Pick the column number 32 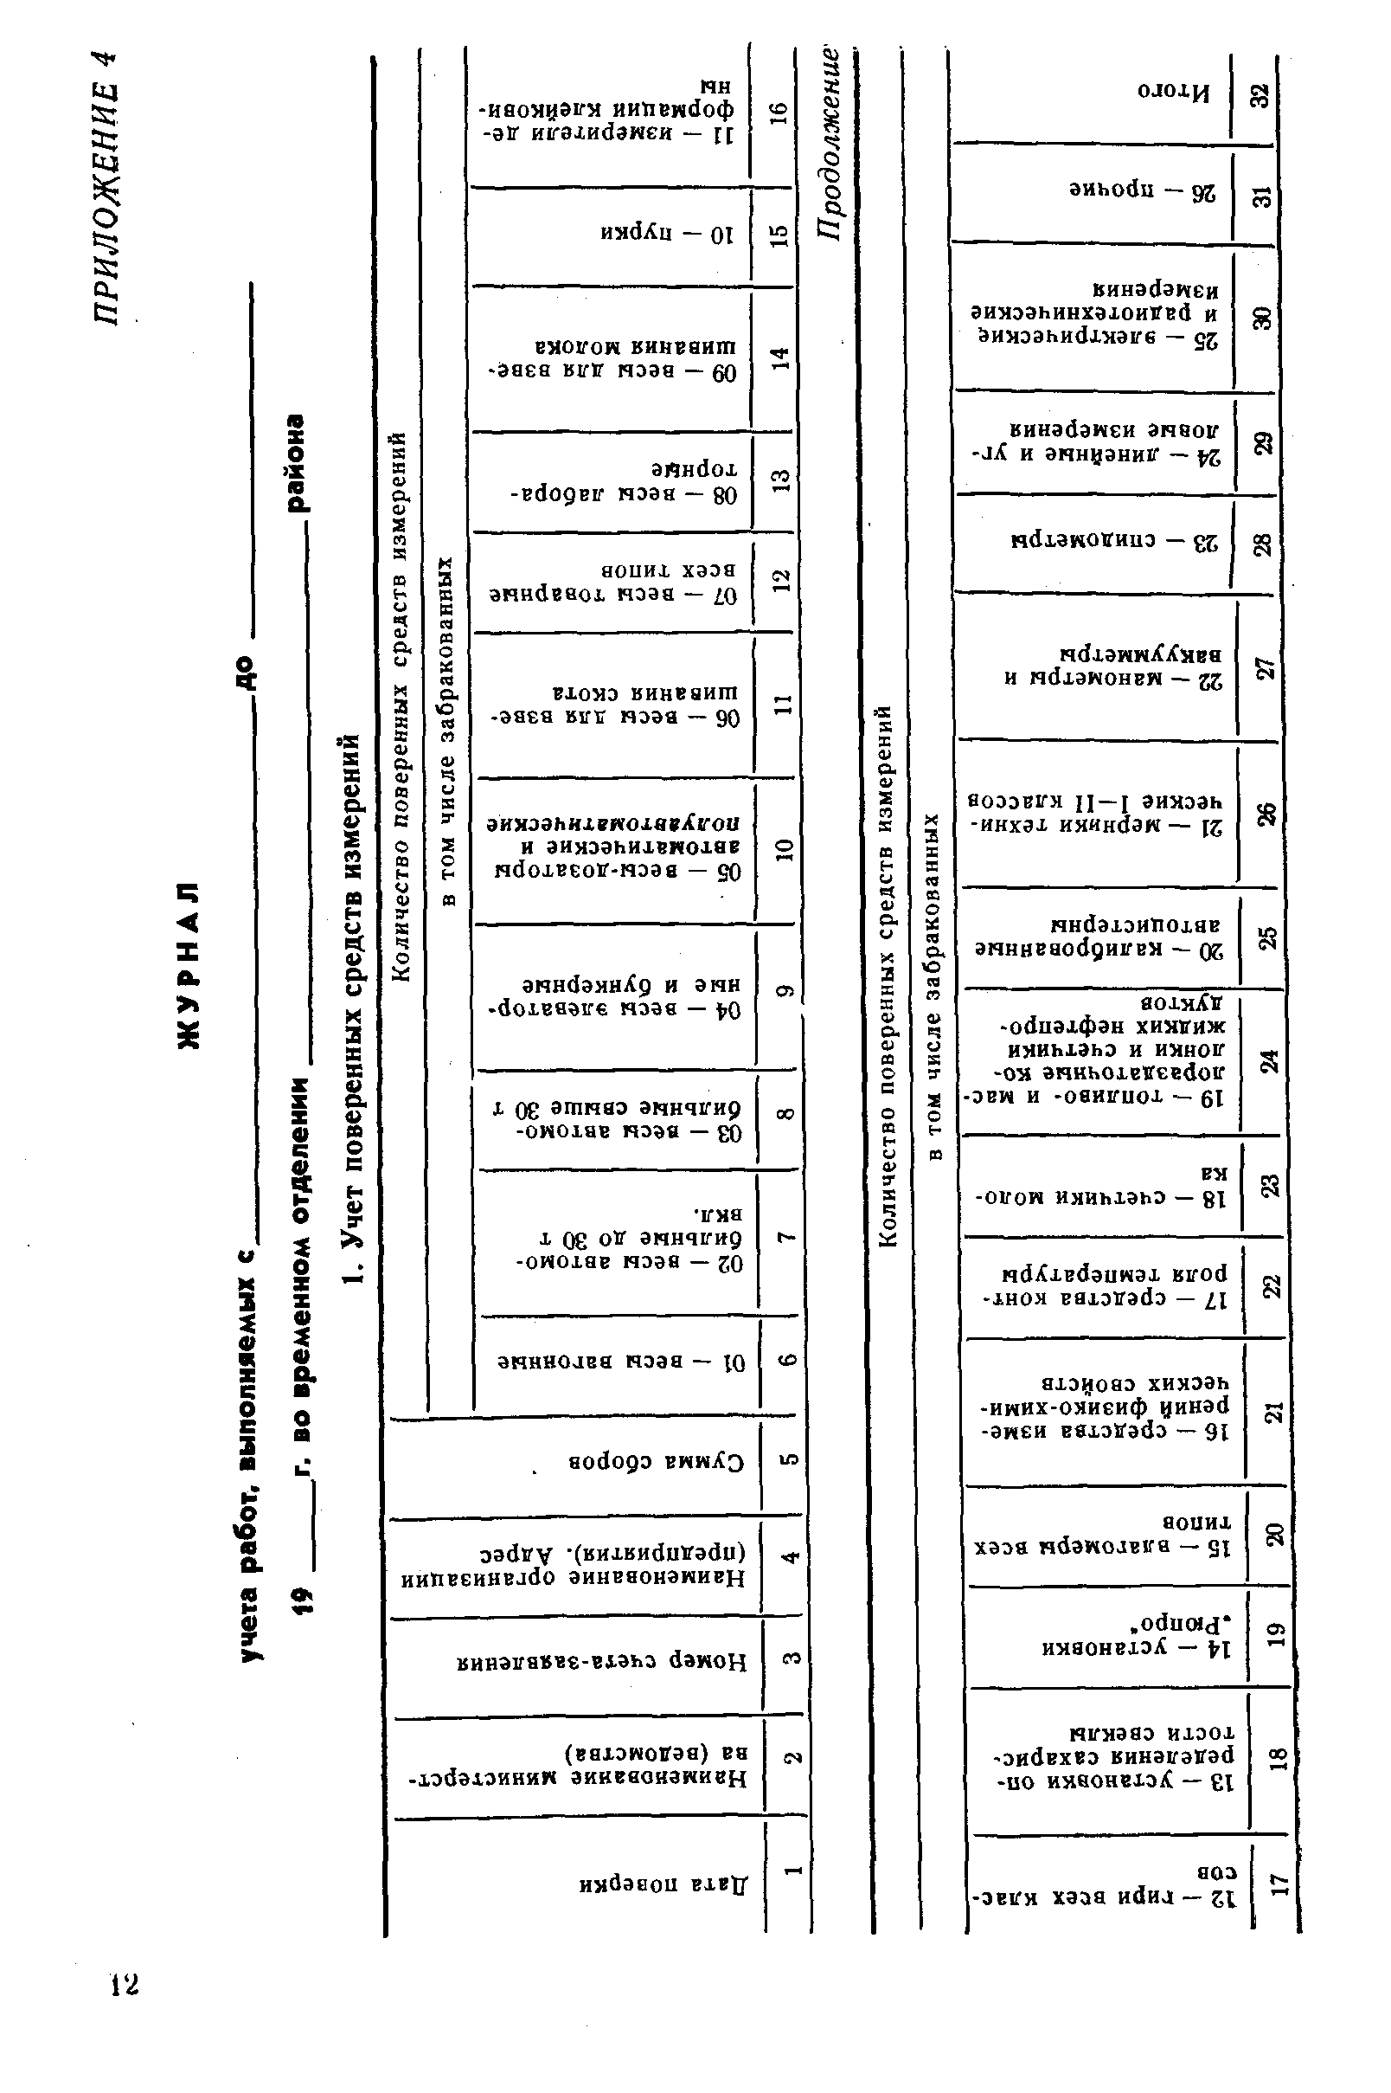[1260, 93]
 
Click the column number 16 [778, 112]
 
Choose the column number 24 [1268, 1060]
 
